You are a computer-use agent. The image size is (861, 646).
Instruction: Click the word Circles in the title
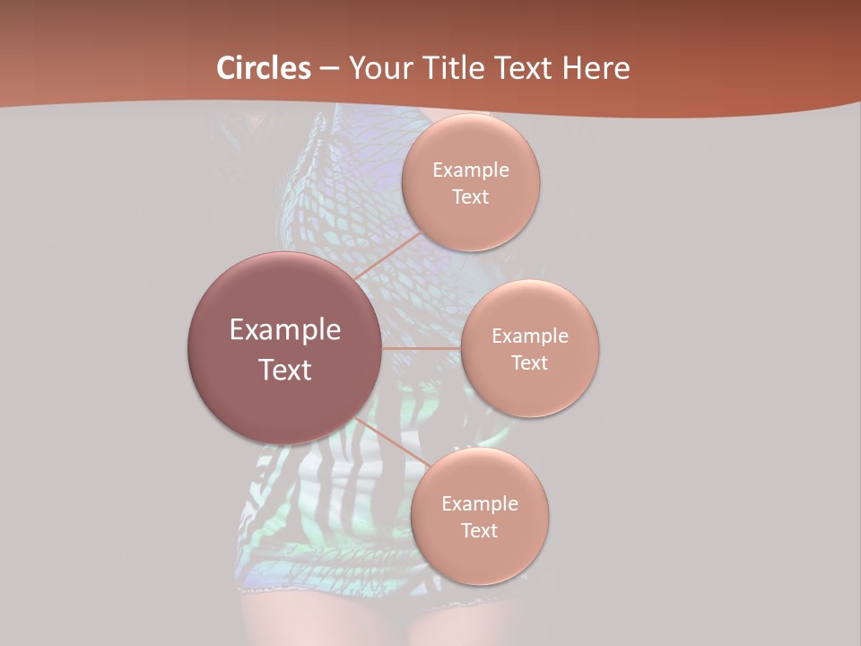pyautogui.click(x=264, y=67)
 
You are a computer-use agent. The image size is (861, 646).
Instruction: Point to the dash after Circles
pyautogui.click(x=328, y=68)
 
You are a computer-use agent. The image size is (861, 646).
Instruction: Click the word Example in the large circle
pyautogui.click(x=285, y=330)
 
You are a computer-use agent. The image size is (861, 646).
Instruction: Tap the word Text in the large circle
pyautogui.click(x=285, y=370)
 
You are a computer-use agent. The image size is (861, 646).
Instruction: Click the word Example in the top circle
pyautogui.click(x=471, y=170)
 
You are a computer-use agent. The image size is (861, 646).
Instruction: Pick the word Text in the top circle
pyautogui.click(x=471, y=196)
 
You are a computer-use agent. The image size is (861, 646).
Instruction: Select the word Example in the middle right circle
pyautogui.click(x=530, y=336)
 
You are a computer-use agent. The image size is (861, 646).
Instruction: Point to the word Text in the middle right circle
pyautogui.click(x=530, y=362)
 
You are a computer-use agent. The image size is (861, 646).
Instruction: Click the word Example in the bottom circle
pyautogui.click(x=480, y=504)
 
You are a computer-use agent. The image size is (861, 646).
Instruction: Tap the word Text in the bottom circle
pyautogui.click(x=480, y=530)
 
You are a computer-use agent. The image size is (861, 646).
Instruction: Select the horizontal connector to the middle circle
pyautogui.click(x=421, y=348)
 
